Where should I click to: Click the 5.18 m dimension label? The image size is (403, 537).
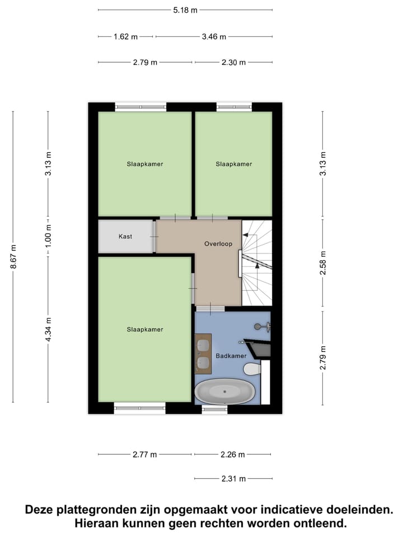[x=185, y=10]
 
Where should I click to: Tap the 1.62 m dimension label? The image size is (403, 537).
[x=125, y=37]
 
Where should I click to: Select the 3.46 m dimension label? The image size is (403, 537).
[x=214, y=37]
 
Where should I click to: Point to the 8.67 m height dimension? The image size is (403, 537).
[x=13, y=257]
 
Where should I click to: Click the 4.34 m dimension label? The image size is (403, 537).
[x=48, y=330]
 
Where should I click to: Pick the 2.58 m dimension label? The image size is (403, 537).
[x=323, y=264]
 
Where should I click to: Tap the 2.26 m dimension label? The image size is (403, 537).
[x=232, y=454]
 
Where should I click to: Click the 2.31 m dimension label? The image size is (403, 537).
[x=233, y=479]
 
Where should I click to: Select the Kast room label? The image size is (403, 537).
[x=125, y=237]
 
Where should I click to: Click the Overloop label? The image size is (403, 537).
[x=218, y=244]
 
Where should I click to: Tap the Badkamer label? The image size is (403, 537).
[x=231, y=356]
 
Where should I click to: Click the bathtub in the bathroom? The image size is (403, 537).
[x=224, y=391]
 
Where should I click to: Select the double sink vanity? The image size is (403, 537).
[x=203, y=354]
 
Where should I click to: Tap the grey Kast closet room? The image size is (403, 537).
[x=125, y=246]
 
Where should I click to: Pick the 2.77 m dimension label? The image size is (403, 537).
[x=145, y=454]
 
